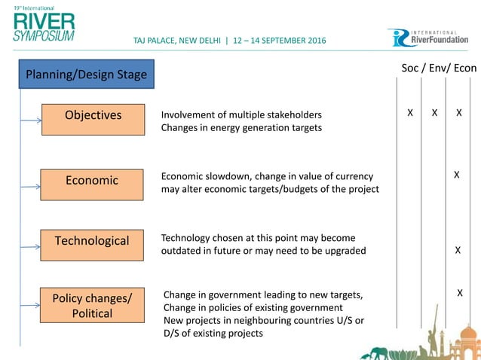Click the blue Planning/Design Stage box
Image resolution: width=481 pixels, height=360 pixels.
[x=86, y=74]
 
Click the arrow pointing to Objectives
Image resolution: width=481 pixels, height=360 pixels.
[x=31, y=119]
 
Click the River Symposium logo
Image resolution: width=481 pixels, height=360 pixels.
[x=44, y=23]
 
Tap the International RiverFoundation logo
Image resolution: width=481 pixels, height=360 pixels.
[x=432, y=38]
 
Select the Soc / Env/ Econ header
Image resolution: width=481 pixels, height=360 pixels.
[x=438, y=68]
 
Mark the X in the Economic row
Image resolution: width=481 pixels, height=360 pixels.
[x=456, y=175]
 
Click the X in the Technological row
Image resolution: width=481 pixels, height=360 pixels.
[x=458, y=251]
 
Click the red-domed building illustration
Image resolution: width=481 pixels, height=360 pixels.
[x=468, y=340]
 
